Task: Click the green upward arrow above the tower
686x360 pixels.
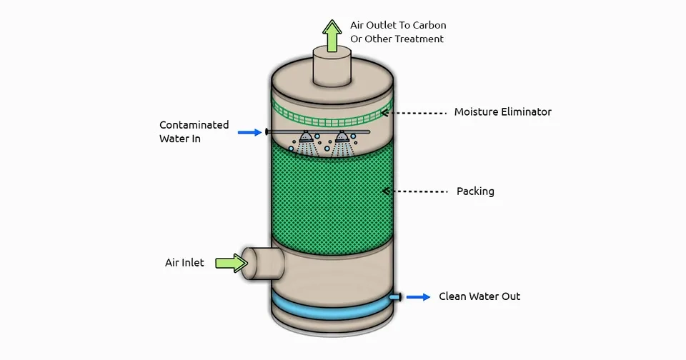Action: pyautogui.click(x=332, y=36)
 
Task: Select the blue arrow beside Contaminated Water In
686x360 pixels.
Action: pyautogui.click(x=249, y=132)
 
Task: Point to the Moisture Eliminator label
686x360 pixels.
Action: pyautogui.click(x=502, y=112)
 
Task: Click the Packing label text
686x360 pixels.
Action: pyautogui.click(x=475, y=191)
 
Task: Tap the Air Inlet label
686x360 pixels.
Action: pyautogui.click(x=184, y=263)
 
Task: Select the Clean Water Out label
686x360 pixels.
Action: pyautogui.click(x=479, y=296)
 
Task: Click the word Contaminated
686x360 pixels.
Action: pyautogui.click(x=194, y=125)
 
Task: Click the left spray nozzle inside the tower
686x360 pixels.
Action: pyautogui.click(x=306, y=137)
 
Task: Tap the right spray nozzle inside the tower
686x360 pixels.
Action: pyautogui.click(x=343, y=137)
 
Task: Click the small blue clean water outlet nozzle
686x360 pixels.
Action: pyautogui.click(x=394, y=296)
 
